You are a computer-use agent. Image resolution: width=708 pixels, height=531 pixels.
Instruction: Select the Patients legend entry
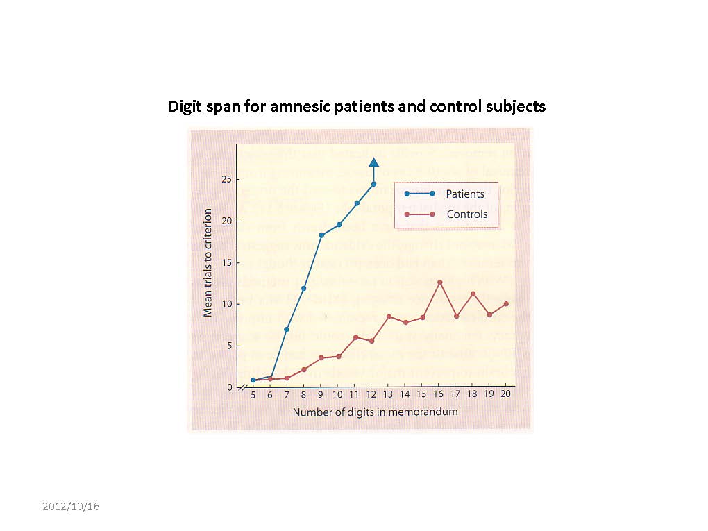tap(465, 194)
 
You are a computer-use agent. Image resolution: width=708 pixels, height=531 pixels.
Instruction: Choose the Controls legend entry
tap(466, 214)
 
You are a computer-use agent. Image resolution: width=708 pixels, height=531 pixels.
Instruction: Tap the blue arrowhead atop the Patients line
tap(373, 163)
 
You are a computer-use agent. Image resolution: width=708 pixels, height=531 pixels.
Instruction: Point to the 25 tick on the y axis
tap(226, 180)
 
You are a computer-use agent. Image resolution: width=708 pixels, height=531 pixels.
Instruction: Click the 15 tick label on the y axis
tap(226, 263)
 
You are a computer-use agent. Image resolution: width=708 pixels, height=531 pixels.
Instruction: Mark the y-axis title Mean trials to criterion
tap(208, 262)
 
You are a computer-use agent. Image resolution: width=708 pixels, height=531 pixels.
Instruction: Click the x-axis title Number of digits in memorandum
tap(375, 412)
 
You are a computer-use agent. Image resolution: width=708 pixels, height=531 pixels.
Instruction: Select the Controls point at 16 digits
tap(440, 283)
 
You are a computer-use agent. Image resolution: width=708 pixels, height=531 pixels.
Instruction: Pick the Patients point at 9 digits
tap(321, 235)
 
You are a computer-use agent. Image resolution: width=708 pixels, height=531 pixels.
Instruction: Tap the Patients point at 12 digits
tap(373, 184)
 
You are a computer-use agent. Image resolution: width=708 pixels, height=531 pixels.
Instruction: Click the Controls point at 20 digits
tap(507, 304)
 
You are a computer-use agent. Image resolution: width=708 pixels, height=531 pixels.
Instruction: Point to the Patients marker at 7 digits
tap(287, 329)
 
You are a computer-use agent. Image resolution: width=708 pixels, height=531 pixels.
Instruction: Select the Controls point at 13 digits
tap(389, 317)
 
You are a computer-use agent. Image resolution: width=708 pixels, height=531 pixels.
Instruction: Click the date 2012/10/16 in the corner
tap(71, 506)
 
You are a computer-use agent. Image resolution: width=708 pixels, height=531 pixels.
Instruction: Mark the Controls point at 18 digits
tap(473, 294)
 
